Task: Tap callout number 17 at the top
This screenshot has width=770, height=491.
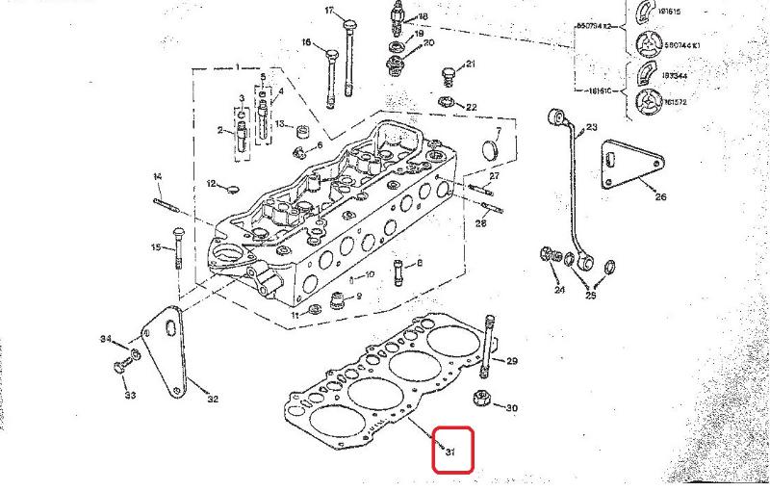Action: [x=329, y=11]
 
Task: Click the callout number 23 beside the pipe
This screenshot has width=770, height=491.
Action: [x=591, y=127]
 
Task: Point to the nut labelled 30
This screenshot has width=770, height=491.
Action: [x=479, y=400]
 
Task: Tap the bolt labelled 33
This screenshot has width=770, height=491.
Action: [x=121, y=368]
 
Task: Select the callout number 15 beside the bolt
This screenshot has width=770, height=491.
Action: [x=155, y=247]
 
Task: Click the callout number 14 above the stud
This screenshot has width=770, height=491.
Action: [x=157, y=176]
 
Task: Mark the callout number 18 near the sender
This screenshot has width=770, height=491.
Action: [x=423, y=17]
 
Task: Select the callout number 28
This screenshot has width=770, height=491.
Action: [x=482, y=223]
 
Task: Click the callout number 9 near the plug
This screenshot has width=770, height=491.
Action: [x=359, y=297]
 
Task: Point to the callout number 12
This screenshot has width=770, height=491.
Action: [x=211, y=184]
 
